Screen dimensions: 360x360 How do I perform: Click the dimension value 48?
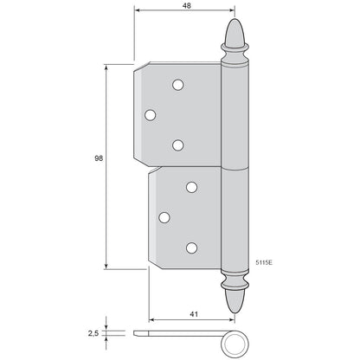[x=187, y=5]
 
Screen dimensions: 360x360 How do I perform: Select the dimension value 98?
[x=99, y=158]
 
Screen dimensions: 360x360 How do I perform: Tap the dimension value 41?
[x=194, y=314]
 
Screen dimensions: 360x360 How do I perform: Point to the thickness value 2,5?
[x=93, y=333]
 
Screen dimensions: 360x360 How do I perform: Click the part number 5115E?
[x=264, y=262]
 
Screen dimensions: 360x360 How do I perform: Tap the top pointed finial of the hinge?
[x=235, y=32]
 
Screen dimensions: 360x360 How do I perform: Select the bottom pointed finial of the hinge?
[x=235, y=301]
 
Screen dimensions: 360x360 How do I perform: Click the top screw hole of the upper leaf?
[x=178, y=85]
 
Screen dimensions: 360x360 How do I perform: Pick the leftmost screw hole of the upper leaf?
[x=150, y=115]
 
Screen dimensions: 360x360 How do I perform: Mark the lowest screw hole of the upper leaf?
[x=178, y=145]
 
